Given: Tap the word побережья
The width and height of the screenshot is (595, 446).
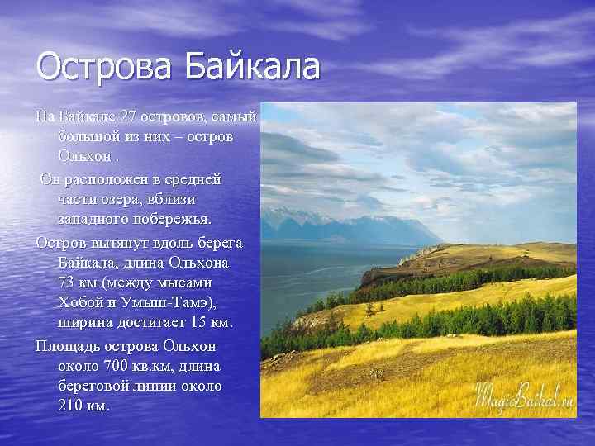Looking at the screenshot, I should pyautogui.click(x=175, y=220).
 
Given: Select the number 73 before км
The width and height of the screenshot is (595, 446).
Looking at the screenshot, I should pyautogui.click(x=69, y=283).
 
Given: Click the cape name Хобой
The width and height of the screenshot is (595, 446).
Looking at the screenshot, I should pyautogui.click(x=82, y=303).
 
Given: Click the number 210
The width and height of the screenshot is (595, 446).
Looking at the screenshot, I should pyautogui.click(x=71, y=406).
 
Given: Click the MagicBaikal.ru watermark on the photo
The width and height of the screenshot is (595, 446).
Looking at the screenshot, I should pyautogui.click(x=523, y=396).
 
